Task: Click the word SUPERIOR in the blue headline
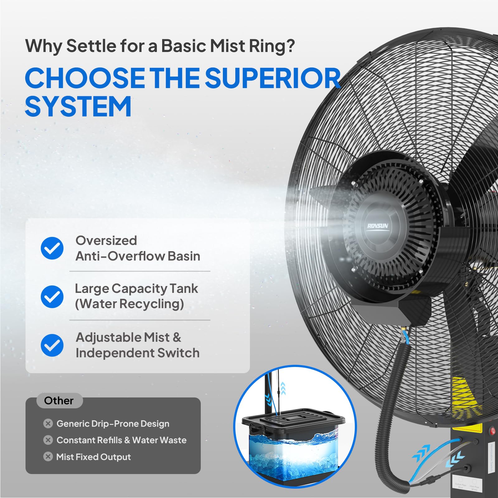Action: pyautogui.click(x=273, y=78)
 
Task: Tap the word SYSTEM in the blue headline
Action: pyautogui.click(x=78, y=106)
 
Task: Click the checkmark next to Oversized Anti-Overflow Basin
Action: pyautogui.click(x=52, y=248)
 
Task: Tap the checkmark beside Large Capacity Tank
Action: pyautogui.click(x=52, y=297)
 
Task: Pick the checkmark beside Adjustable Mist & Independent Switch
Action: pyautogui.click(x=52, y=345)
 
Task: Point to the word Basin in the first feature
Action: pyautogui.click(x=184, y=256)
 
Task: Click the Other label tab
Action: pyautogui.click(x=59, y=401)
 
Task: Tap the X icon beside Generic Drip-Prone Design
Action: pyautogui.click(x=48, y=424)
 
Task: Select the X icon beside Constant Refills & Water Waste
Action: pyautogui.click(x=48, y=440)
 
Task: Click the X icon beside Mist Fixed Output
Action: pyautogui.click(x=48, y=457)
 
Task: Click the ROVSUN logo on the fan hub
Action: pyautogui.click(x=378, y=226)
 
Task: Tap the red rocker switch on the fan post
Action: pyautogui.click(x=492, y=431)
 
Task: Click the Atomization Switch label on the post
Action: pyautogui.click(x=491, y=458)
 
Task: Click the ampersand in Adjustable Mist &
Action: pyautogui.click(x=177, y=337)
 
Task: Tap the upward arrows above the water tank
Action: pyautogui.click(x=283, y=388)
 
